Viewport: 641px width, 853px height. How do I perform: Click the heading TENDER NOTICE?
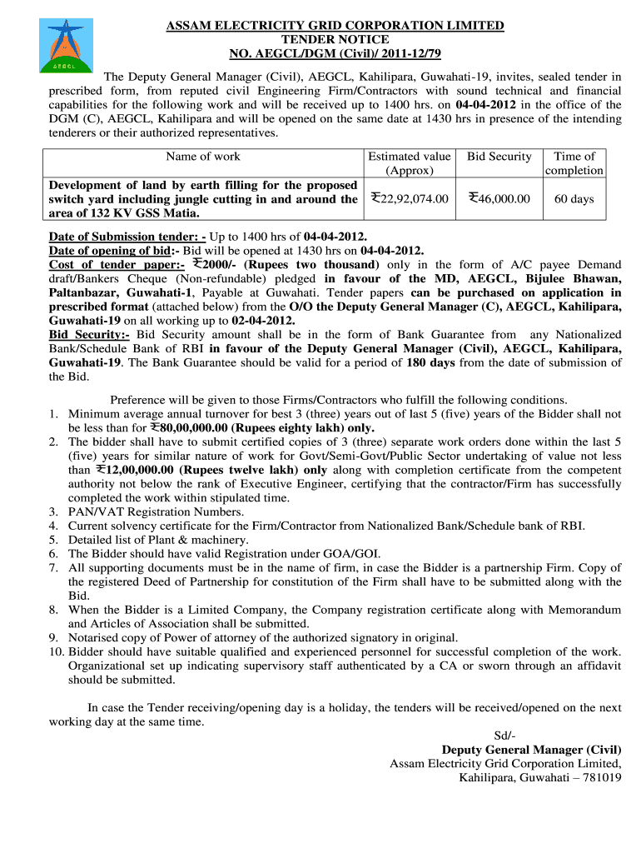(335, 39)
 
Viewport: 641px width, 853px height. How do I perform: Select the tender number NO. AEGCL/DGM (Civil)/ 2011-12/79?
(335, 53)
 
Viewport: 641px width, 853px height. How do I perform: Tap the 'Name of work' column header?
(203, 157)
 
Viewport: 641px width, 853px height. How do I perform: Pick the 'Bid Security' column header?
(499, 157)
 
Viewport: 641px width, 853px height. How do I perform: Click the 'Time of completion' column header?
(574, 163)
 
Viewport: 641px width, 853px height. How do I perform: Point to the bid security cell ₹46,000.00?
(499, 198)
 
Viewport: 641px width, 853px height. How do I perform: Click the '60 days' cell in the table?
(574, 198)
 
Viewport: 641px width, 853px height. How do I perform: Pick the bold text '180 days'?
(431, 362)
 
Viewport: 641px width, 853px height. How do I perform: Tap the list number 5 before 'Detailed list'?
(53, 539)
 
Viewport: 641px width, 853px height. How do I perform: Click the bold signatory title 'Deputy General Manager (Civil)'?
(531, 750)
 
